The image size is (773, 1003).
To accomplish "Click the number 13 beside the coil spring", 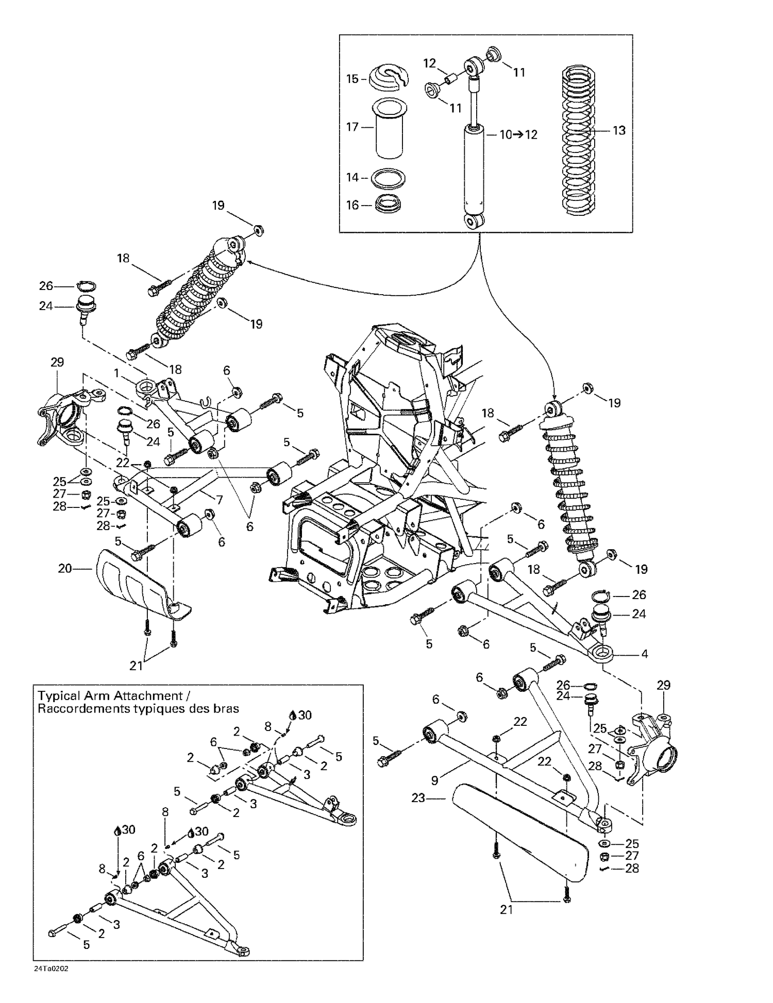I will click(618, 130).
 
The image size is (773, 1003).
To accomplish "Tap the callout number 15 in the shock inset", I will click(352, 79).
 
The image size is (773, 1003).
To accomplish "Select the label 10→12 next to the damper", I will click(518, 134).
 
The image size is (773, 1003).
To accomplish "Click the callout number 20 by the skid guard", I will click(65, 569).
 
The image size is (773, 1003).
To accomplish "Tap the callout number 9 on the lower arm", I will click(434, 780).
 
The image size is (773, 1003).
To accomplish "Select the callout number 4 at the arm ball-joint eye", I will click(644, 654).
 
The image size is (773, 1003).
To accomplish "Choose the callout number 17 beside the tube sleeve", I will click(352, 127).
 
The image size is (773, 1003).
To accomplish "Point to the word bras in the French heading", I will click(228, 708).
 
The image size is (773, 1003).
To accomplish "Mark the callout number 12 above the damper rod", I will click(429, 63).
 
